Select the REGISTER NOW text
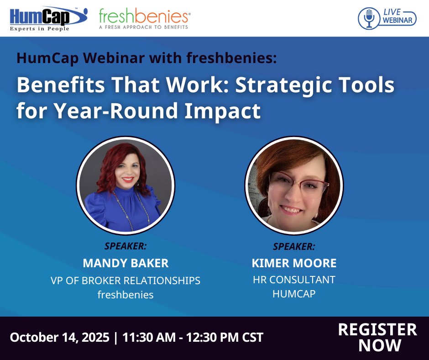[377, 337]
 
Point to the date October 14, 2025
[59, 338]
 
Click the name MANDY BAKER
[126, 263]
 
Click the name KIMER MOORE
[294, 263]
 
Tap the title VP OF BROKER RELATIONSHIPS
[126, 280]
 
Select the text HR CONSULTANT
[294, 279]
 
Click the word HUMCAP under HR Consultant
[294, 294]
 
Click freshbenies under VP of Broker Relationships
[126, 295]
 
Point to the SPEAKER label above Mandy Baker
[126, 246]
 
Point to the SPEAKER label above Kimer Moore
[294, 246]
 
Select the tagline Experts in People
[40, 29]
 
